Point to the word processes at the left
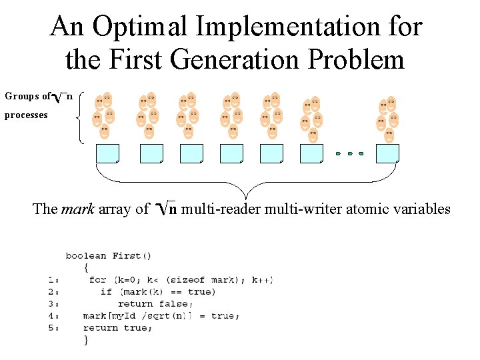pos(26,115)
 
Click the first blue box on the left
pos(107,153)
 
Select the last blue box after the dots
pos(387,153)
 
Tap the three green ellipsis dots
pos(349,154)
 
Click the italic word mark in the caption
pos(78,209)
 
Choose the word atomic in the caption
pos(362,209)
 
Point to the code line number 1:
pos(54,280)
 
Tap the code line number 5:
pos(54,328)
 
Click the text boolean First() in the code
pos(108,255)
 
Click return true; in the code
pos(111,328)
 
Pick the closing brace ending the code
pos(86,340)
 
